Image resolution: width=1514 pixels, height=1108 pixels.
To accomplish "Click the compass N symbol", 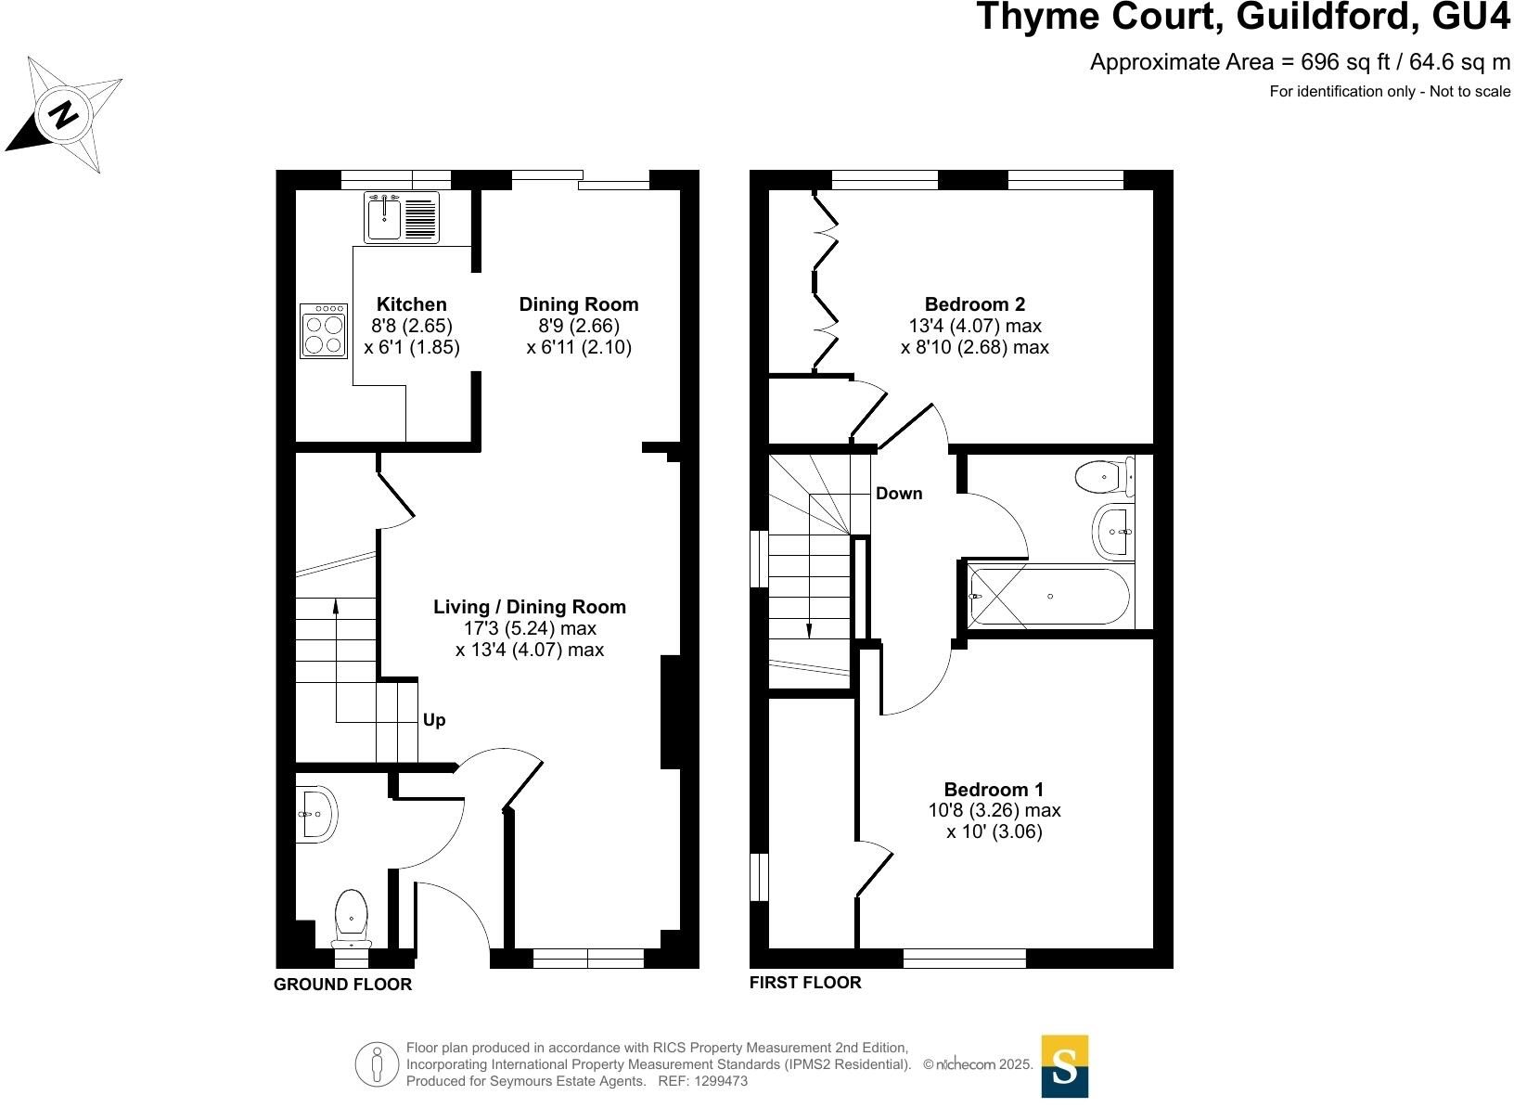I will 63,115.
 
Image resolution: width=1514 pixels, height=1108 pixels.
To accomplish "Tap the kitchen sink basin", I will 382,220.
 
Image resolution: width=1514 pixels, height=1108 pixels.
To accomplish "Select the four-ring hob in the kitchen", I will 324,332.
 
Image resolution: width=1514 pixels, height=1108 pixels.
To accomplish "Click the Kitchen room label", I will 411,304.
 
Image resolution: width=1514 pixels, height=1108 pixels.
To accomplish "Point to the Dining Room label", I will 578,304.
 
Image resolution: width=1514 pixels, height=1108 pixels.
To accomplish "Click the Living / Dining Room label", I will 529,607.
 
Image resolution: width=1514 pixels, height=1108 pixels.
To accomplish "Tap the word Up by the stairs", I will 434,720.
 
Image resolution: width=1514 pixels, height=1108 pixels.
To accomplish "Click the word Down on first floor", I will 899,494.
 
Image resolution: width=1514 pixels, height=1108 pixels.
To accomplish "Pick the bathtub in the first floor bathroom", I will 1049,597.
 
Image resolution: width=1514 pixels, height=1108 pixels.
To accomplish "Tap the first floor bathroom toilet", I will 1106,478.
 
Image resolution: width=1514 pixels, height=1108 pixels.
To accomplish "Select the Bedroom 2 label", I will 974,304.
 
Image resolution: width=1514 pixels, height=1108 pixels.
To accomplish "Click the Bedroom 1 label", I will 994,790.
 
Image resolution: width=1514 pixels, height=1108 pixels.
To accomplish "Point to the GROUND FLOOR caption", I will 342,985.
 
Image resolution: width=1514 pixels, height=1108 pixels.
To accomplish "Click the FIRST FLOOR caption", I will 804,982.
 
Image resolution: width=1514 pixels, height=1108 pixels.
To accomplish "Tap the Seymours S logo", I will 1064,1066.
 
